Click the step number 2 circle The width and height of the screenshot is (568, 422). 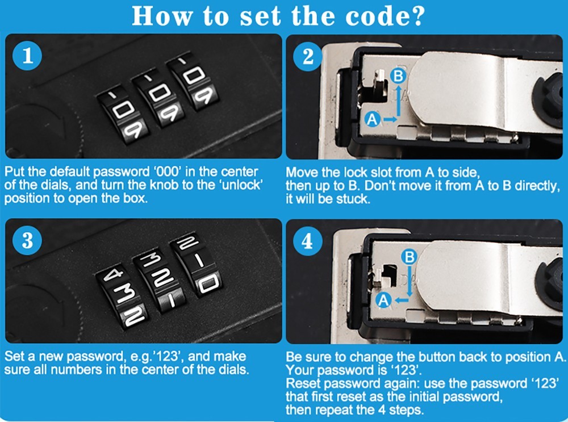(308, 57)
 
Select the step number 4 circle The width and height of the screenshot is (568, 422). (308, 241)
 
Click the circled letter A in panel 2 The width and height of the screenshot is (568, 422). (372, 119)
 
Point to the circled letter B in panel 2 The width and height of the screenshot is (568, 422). (399, 75)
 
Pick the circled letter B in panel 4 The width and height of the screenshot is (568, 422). (408, 257)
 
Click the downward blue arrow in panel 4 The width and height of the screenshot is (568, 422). (408, 281)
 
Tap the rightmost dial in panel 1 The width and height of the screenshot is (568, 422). (195, 83)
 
